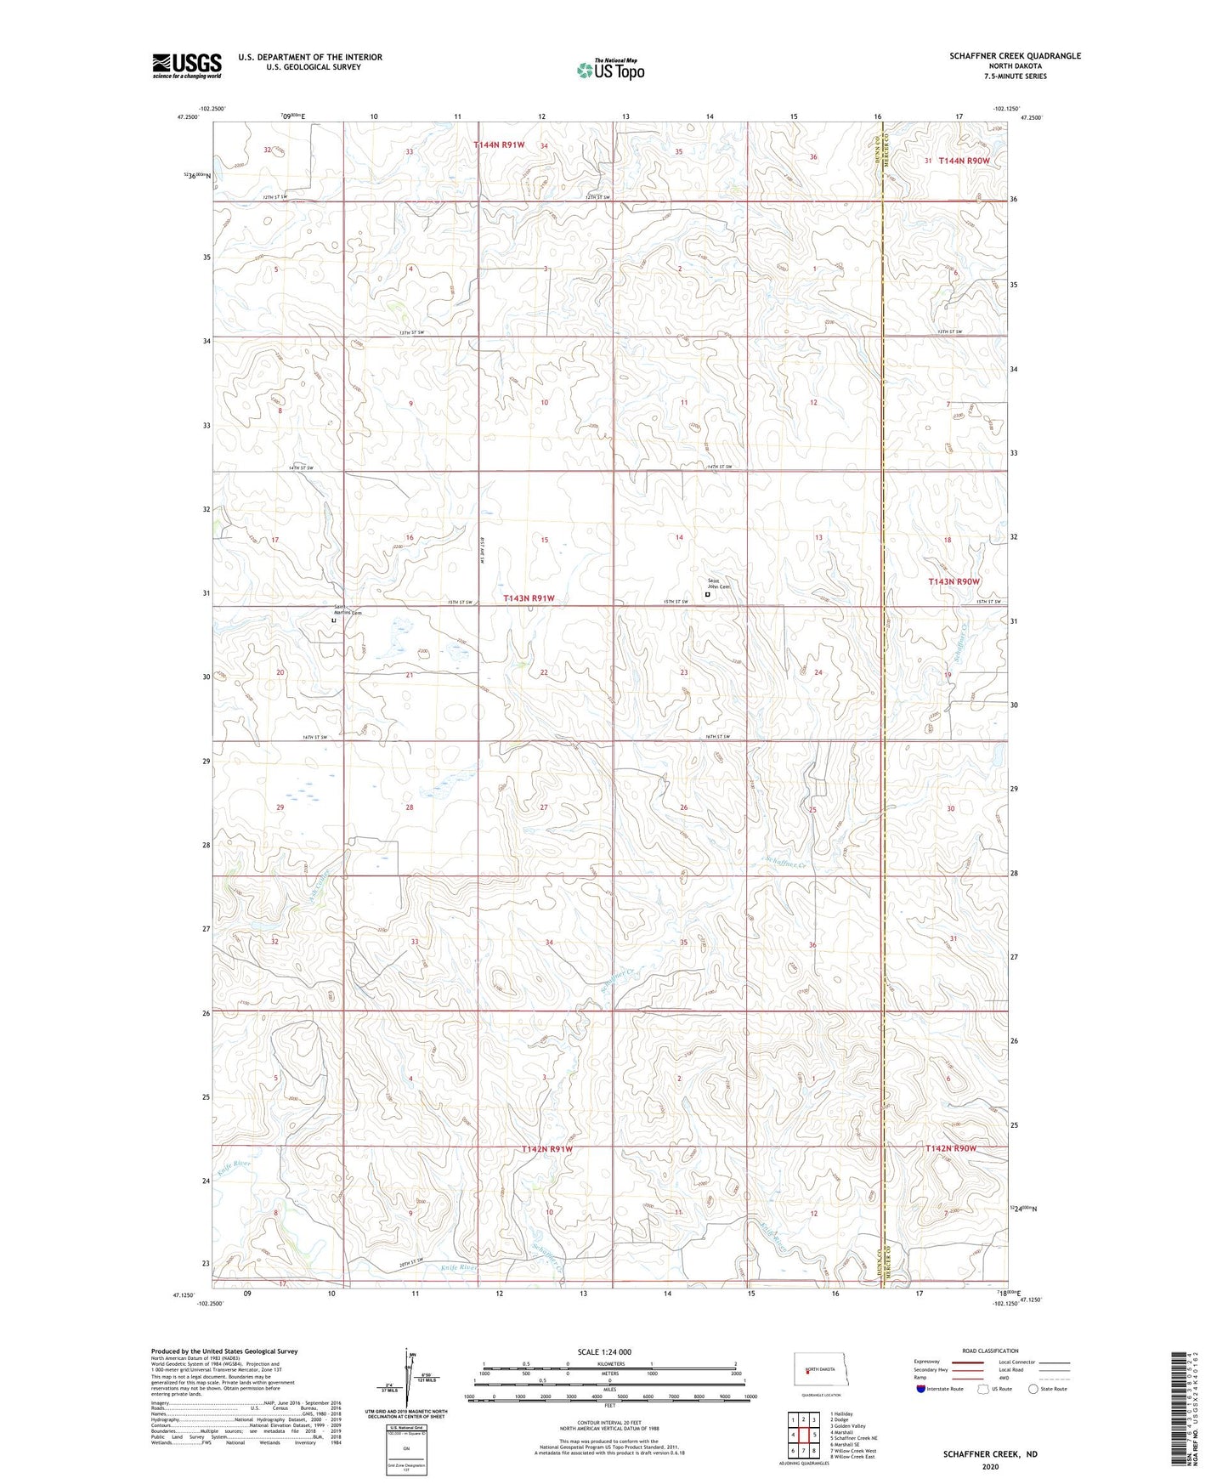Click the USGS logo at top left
click(x=187, y=65)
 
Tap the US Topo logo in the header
click(x=609, y=69)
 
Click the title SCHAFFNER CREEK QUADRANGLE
click(x=1015, y=56)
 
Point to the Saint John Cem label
click(x=719, y=584)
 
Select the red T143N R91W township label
click(x=528, y=598)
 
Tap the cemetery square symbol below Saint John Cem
click(x=707, y=595)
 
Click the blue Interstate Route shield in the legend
click(x=921, y=1389)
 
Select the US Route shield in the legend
click(x=983, y=1389)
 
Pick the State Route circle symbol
click(x=1033, y=1389)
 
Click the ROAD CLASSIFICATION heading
click(x=989, y=1351)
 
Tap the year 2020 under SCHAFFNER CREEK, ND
click(x=989, y=1466)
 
